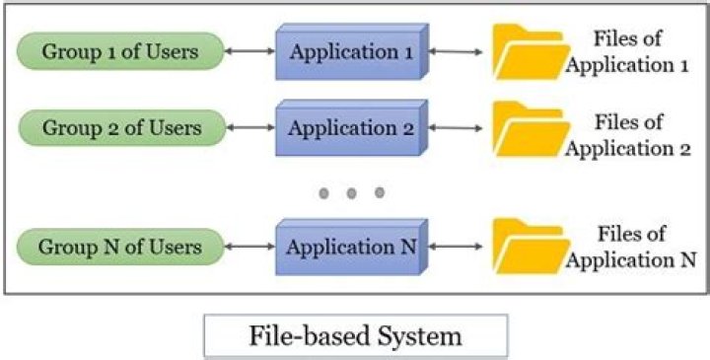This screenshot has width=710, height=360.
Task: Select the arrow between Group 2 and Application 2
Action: point(248,128)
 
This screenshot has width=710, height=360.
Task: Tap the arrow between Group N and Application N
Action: point(248,247)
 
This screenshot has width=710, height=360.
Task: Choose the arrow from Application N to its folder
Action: point(458,247)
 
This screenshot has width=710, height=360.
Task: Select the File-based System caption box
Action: point(355,335)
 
